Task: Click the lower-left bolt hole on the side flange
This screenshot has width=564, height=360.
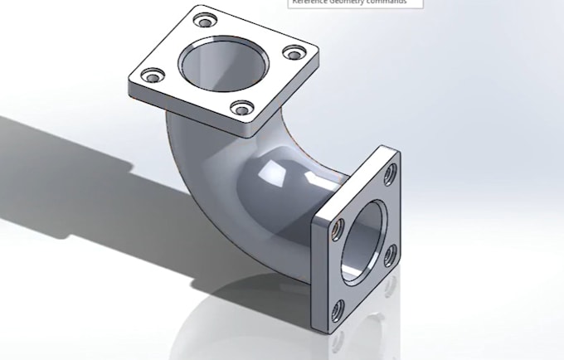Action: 338,311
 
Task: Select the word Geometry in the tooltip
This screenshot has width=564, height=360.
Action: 349,2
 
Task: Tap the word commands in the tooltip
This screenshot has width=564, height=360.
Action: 390,2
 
